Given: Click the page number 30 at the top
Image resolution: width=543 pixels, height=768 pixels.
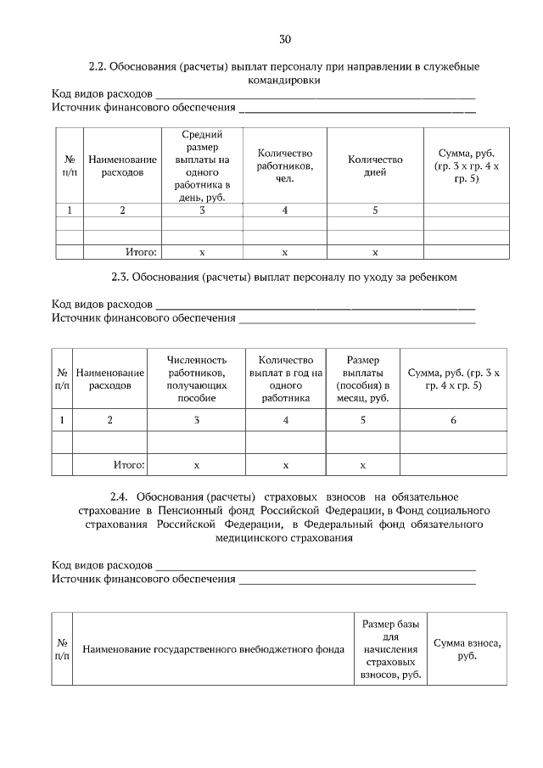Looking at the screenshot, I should tap(285, 39).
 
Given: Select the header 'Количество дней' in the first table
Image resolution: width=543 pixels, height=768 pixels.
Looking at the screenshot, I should tap(375, 165).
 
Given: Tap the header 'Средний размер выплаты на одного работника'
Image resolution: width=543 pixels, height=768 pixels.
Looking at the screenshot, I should tap(202, 165).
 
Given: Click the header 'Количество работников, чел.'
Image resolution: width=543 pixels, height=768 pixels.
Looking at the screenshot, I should tap(285, 165).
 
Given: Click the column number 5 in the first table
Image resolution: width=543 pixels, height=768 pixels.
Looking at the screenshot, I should tap(375, 210).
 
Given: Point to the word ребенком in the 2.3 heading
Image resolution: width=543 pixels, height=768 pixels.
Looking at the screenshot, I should tap(434, 277).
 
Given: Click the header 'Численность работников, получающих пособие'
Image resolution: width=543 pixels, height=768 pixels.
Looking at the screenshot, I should tap(197, 378).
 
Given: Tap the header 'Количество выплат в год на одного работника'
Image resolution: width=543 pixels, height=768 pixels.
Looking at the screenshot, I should tap(286, 378).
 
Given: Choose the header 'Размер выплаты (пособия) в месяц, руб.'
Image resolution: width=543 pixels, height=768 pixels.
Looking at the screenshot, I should tap(362, 378).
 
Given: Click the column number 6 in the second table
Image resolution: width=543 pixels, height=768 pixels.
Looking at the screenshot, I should tap(454, 419).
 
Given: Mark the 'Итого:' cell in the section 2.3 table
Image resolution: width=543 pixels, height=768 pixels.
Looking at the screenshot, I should tap(129, 465).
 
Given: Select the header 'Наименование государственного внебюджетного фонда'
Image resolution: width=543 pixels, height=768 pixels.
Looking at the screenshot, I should tap(213, 650).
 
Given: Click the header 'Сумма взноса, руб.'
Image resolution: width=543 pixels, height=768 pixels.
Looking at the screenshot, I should tap(467, 649).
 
